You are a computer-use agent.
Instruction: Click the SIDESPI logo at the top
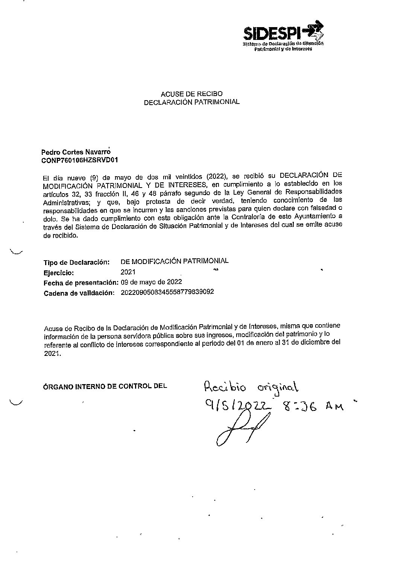[x=283, y=37]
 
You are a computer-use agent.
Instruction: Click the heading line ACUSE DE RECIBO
[x=191, y=94]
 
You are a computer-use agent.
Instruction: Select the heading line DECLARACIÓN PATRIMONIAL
[x=192, y=102]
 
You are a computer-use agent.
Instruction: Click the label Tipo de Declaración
[x=76, y=262]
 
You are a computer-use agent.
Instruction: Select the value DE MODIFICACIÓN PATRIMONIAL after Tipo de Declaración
[x=175, y=261]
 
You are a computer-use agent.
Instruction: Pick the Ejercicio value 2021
[x=128, y=272]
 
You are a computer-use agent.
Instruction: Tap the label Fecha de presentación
[x=81, y=282]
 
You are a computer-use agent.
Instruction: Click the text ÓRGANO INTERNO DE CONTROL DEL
[x=105, y=386]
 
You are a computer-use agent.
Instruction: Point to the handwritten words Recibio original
[x=251, y=388]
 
